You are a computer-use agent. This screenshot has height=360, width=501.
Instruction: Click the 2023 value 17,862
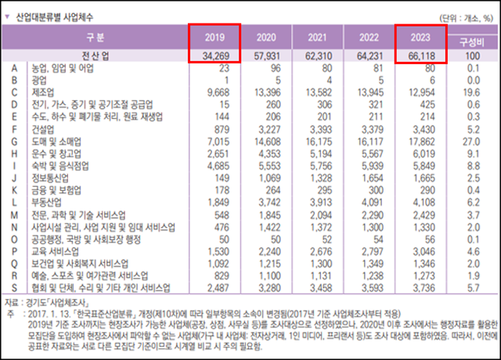(x=427, y=140)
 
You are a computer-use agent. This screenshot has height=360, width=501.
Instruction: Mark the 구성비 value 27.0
(x=472, y=140)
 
